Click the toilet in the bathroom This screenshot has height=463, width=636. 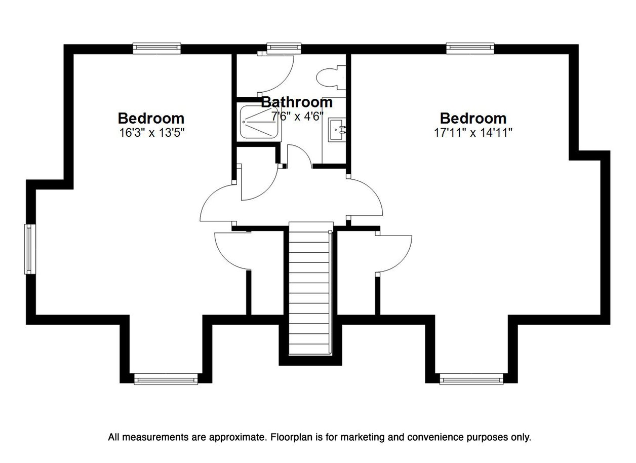pos(331,78)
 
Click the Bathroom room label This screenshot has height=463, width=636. pos(297,102)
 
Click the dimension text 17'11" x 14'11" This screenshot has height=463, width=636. pos(473,133)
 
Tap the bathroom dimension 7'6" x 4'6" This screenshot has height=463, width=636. pos(297,116)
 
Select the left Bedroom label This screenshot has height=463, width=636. pos(151,119)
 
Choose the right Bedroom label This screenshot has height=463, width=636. pos(473,119)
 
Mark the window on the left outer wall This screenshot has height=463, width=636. pos(30,249)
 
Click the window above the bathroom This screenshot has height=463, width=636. pos(284,48)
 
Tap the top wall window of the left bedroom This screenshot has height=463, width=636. pos(157,48)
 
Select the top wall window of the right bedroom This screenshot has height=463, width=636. pos(470,48)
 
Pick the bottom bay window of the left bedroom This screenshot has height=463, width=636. pos(166,379)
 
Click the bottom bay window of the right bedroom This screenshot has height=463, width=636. pos(471,379)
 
